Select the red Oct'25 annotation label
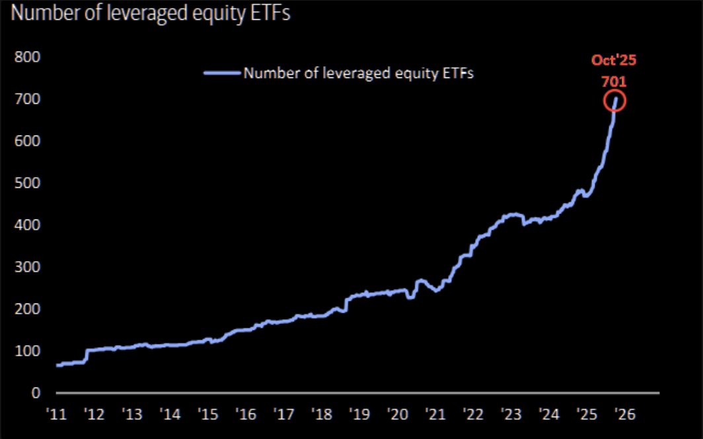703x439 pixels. (614, 61)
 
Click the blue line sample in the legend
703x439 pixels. (221, 73)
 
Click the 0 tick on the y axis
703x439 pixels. (36, 393)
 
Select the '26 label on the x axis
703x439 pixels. (623, 414)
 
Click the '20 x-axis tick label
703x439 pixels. (398, 414)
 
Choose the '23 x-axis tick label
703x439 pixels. (511, 414)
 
